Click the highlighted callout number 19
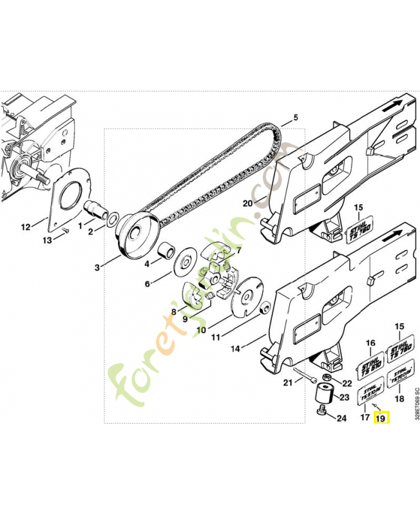click(x=381, y=418)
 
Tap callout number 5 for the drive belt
click(x=296, y=118)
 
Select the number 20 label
click(x=247, y=204)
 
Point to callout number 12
click(x=26, y=227)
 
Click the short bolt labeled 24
click(x=322, y=411)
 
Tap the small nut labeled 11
click(x=263, y=311)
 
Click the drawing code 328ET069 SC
click(x=416, y=402)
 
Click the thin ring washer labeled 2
click(x=113, y=221)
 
